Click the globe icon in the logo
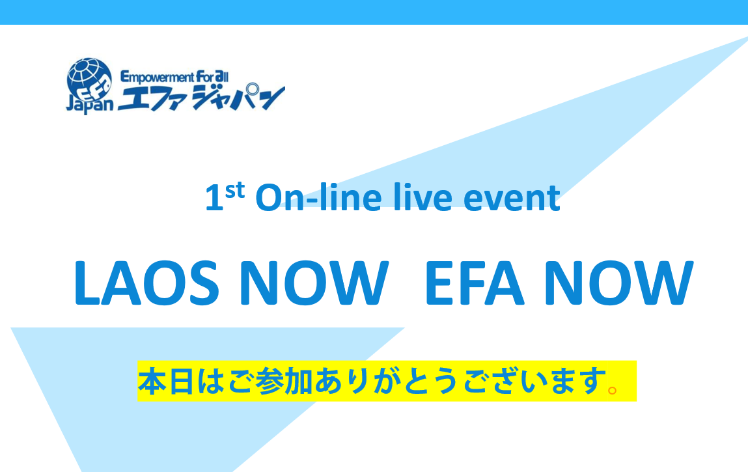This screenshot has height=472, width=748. tap(90, 79)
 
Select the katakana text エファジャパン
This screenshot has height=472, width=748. tap(201, 98)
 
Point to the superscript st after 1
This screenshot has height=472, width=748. tap(235, 190)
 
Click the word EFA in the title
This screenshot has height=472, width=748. tap(475, 283)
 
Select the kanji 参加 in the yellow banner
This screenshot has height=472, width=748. tap(284, 381)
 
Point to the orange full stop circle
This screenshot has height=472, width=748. tap(613, 391)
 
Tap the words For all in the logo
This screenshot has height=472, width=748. tap(212, 76)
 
